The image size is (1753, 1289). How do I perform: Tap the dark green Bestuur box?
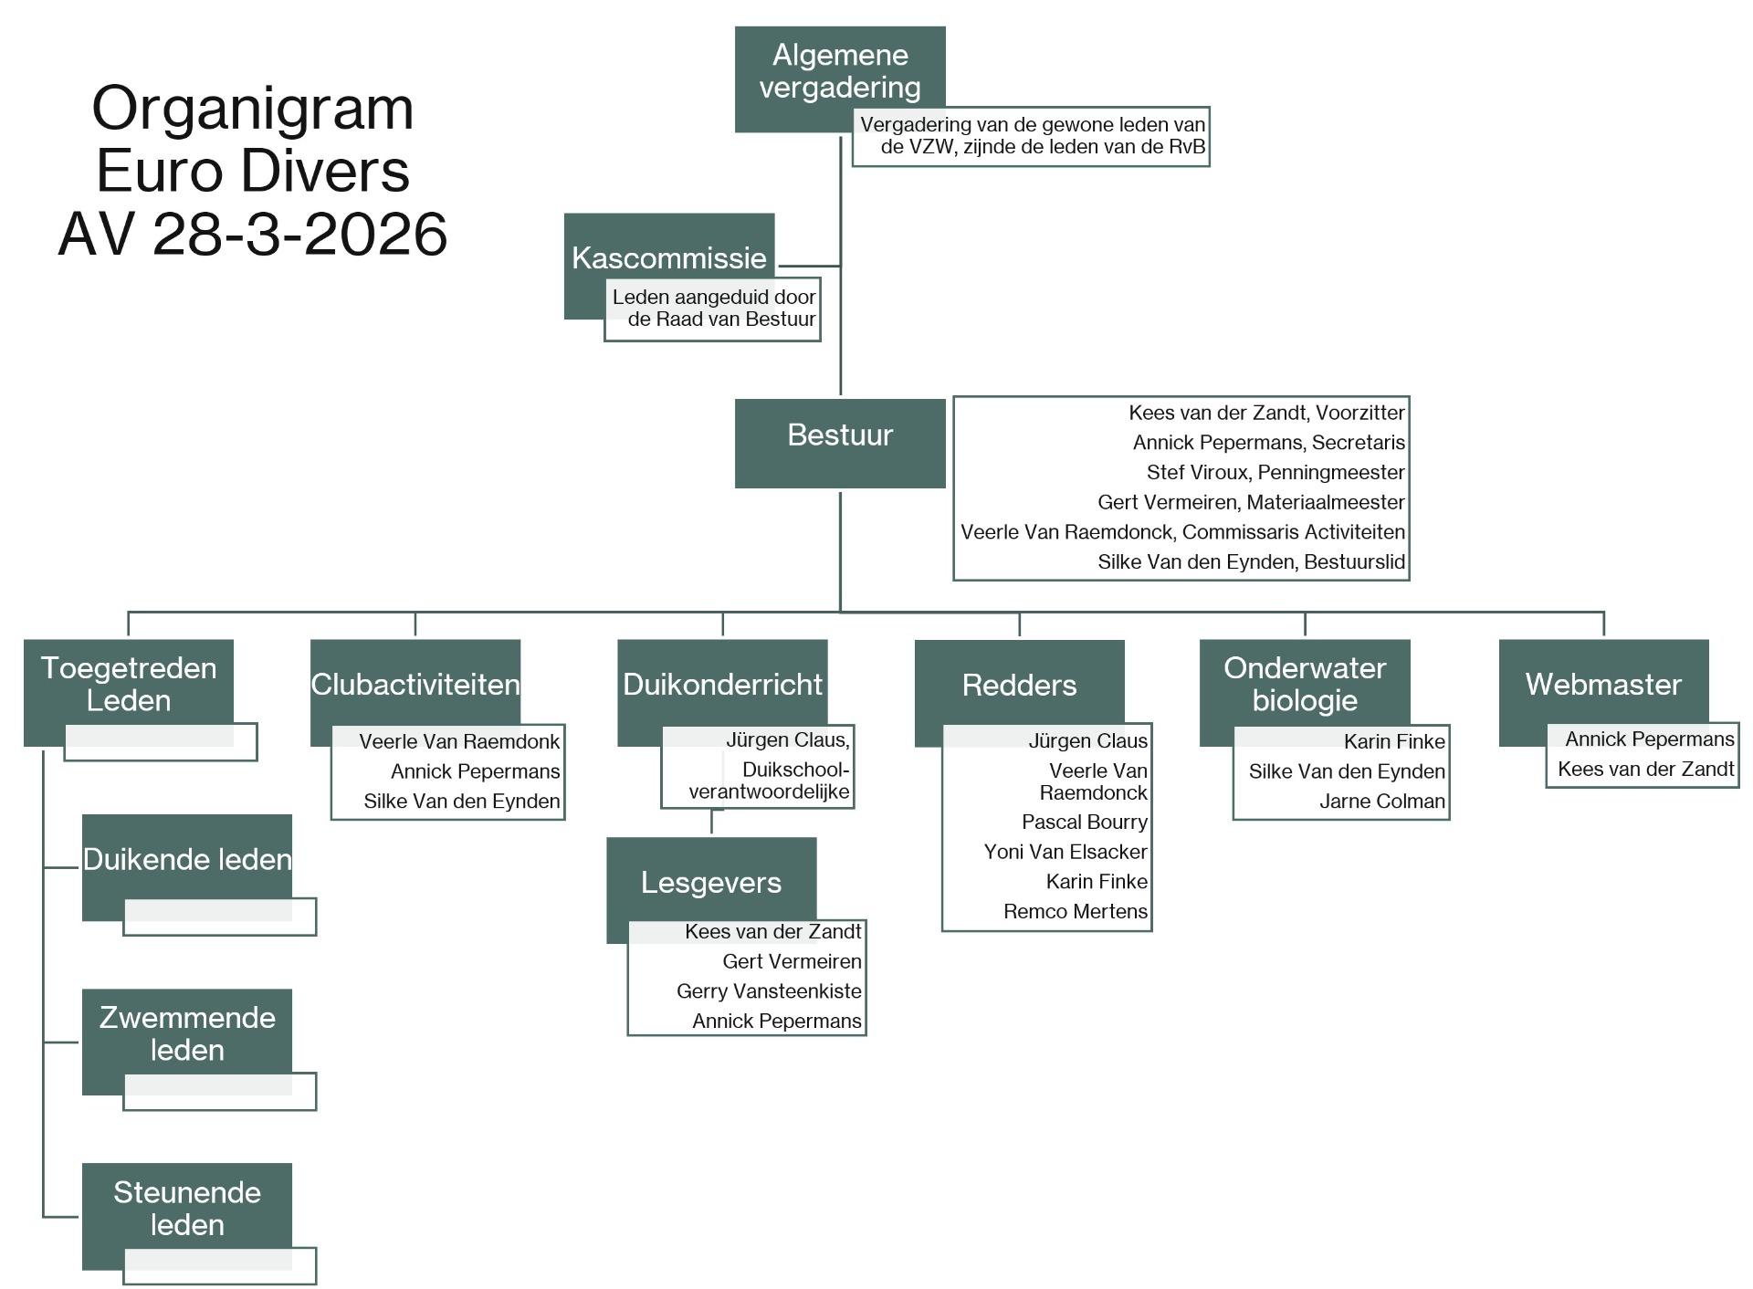840,443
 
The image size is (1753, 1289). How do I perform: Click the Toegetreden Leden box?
129,685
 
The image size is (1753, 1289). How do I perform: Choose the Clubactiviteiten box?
415,685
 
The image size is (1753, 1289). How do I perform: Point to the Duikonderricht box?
722,685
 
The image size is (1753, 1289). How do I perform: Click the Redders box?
1020,685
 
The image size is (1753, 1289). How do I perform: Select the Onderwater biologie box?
1305,685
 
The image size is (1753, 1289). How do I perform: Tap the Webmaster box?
1604,685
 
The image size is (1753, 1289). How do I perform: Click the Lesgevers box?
711,882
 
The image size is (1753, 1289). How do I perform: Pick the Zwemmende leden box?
187,1034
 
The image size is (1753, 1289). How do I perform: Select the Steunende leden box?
187,1209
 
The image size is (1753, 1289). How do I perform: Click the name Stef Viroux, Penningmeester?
1275,473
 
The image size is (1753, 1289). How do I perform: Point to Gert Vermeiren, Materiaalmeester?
1251,502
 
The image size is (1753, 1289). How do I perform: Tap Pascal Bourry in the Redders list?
1085,822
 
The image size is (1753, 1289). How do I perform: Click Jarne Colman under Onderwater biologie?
1382,802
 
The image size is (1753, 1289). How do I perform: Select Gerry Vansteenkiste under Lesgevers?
769,991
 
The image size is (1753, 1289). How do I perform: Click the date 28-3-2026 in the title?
299,235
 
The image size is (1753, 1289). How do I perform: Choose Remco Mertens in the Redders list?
1076,911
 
